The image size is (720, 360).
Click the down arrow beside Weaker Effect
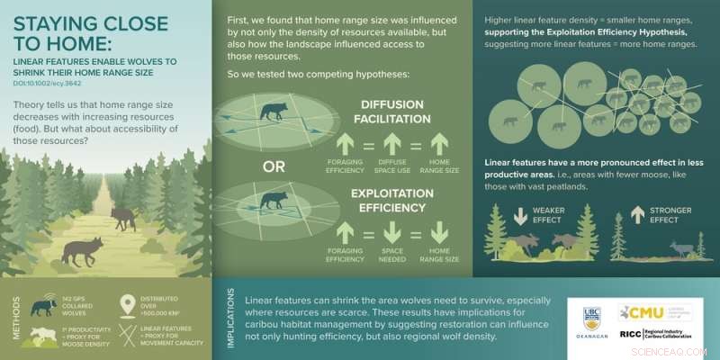click(519, 216)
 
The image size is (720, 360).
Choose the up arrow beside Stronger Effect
click(635, 216)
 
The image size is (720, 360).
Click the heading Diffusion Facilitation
click(391, 111)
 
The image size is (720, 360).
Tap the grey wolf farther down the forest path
click(122, 217)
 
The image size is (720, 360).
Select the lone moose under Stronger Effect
click(679, 248)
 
